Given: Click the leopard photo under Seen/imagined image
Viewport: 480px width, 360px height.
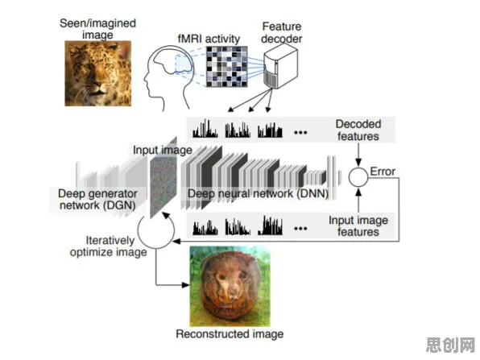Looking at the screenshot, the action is pyautogui.click(x=98, y=73).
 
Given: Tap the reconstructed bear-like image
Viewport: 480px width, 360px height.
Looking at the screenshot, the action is pyautogui.click(x=230, y=286).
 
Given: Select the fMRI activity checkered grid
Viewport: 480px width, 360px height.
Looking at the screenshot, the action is pyautogui.click(x=226, y=66).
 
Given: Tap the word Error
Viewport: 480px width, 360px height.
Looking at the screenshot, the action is pyautogui.click(x=383, y=172).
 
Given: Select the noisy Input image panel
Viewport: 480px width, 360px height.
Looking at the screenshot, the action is pyautogui.click(x=163, y=177).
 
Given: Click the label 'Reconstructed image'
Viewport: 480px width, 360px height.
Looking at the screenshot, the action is pyautogui.click(x=230, y=333).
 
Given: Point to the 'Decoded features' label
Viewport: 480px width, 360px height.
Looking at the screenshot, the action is pyautogui.click(x=358, y=130).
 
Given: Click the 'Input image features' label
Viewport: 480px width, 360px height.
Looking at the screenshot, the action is pyautogui.click(x=358, y=226).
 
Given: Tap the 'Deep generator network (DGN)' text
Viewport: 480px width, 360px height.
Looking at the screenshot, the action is pyautogui.click(x=97, y=199).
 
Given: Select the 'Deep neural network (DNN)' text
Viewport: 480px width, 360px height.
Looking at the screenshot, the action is pyautogui.click(x=258, y=193).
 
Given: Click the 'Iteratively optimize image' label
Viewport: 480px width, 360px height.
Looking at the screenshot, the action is pyautogui.click(x=109, y=246).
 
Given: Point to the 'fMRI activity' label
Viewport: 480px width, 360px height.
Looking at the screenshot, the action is pyautogui.click(x=209, y=39).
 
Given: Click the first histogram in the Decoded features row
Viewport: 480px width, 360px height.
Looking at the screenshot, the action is pyautogui.click(x=205, y=128).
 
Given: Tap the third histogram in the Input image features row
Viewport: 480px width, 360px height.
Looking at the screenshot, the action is pyautogui.click(x=270, y=226).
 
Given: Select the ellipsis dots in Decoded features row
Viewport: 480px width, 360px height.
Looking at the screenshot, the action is pyautogui.click(x=300, y=133).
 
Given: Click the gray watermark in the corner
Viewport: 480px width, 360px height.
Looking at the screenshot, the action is pyautogui.click(x=450, y=345).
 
